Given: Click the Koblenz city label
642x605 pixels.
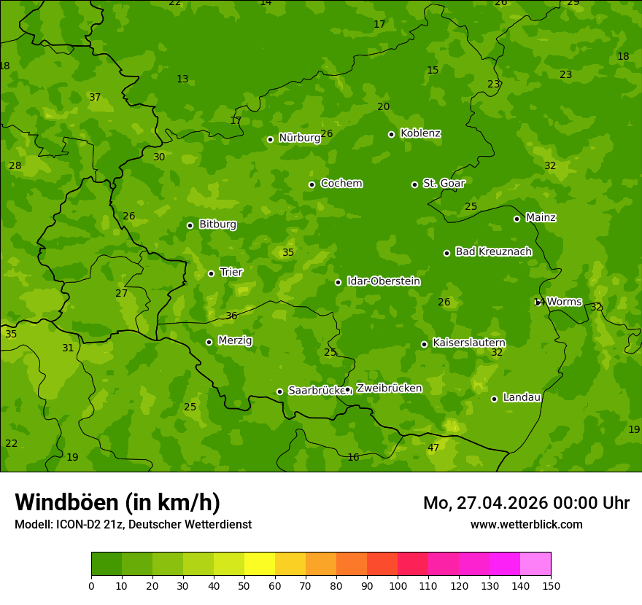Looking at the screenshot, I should tap(420, 133).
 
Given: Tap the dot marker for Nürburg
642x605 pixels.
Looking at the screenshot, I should tap(270, 139).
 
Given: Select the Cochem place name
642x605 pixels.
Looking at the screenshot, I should tap(341, 183).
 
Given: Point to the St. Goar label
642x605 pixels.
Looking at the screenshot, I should tap(444, 183).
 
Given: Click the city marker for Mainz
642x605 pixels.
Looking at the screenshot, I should tap(517, 219).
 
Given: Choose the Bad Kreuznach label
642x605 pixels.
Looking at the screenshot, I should tap(493, 251).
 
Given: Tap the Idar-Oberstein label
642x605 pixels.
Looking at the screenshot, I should tap(383, 281).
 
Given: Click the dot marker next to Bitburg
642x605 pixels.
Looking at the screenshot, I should tap(190, 225).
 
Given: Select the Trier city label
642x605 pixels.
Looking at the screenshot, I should tap(231, 272).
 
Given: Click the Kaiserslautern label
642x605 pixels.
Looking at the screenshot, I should tap(469, 343).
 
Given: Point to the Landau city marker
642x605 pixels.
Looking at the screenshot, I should tap(494, 399).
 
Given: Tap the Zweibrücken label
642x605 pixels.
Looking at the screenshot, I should tap(389, 389).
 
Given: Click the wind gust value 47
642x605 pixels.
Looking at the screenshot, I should tap(433, 448).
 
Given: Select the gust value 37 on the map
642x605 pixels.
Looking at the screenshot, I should tap(95, 97).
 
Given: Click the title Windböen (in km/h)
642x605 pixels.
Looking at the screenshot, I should tap(117, 502).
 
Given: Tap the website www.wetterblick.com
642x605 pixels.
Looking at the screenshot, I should tap(526, 524).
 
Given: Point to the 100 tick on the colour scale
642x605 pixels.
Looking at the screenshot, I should tap(398, 585).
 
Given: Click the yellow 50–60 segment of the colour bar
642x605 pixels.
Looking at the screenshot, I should tap(260, 564).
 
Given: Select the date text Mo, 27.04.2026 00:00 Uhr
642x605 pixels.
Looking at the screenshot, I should tap(526, 503).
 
